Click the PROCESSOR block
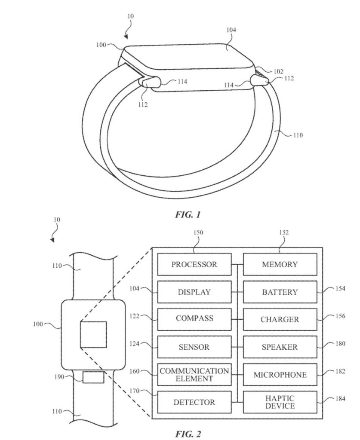194,264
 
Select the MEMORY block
280,264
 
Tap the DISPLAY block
194,292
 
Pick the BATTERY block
280,292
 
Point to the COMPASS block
194,319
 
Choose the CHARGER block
280,320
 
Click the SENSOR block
194,347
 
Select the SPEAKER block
280,347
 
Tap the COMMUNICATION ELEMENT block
194,374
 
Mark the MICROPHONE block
280,375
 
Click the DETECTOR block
194,403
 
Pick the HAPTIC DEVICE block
280,402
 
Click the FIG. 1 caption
188,214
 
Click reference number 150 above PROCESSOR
199,232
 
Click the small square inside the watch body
93,334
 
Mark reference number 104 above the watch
231,30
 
